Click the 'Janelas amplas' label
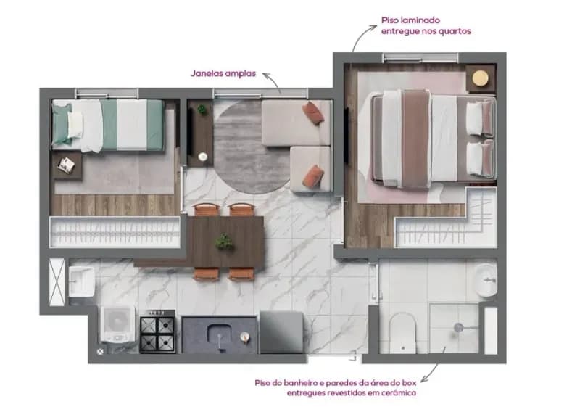[x=223, y=73]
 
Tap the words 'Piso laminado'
[x=410, y=20]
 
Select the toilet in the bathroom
[x=403, y=333]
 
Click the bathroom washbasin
[x=486, y=280]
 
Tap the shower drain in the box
[x=458, y=327]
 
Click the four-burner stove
[x=157, y=332]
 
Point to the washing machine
[x=118, y=324]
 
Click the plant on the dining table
[x=224, y=242]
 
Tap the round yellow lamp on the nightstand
[x=481, y=78]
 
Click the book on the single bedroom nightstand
[x=67, y=165]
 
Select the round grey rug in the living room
[x=252, y=147]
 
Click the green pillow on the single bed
[x=62, y=124]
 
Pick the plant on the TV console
[x=202, y=109]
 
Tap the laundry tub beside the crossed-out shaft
[x=82, y=281]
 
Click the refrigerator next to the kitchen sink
[x=281, y=332]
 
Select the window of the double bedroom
[x=421, y=58]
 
